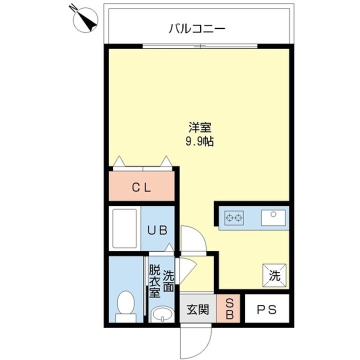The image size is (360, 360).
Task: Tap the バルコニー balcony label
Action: [x=196, y=28]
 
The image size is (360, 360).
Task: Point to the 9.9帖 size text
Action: [x=199, y=141]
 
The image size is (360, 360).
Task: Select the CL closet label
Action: [x=141, y=187]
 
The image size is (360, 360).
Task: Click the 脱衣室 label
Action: [x=154, y=281]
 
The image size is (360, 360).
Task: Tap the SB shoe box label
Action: [x=230, y=309]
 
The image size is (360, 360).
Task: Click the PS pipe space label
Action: [x=266, y=309]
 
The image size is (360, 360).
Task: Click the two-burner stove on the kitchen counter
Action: [x=235, y=217]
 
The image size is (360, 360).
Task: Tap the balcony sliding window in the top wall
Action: [x=200, y=46]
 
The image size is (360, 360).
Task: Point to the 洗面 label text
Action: [x=168, y=281]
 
